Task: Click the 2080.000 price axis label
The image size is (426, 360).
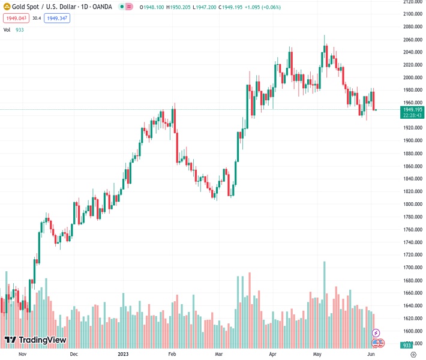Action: (x=412, y=27)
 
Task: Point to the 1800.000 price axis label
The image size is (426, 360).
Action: (x=412, y=204)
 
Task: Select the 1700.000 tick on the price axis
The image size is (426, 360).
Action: (x=412, y=268)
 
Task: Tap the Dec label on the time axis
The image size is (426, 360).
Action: (x=74, y=355)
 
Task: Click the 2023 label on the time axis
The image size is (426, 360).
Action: (x=124, y=355)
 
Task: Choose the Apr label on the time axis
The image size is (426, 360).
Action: (x=274, y=355)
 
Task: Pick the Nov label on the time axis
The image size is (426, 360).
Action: (x=23, y=355)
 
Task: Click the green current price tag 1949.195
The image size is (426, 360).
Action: (x=413, y=110)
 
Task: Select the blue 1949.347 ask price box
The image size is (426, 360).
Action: (x=58, y=19)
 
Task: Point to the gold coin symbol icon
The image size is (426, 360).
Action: (x=7, y=7)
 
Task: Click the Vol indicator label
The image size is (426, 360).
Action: (x=7, y=29)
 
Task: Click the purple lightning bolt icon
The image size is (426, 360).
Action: (x=376, y=332)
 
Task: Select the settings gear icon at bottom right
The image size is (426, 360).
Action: (x=413, y=355)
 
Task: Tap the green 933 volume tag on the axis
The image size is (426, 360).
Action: (x=407, y=346)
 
